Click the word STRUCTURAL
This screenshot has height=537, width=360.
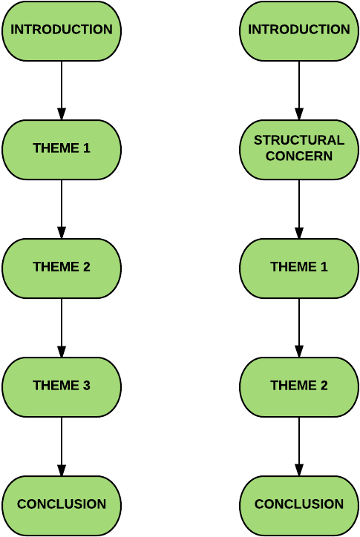click(x=299, y=140)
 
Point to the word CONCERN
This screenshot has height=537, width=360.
click(x=299, y=157)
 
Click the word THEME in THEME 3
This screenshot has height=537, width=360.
click(x=56, y=386)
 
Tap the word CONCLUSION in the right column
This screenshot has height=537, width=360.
click(x=299, y=504)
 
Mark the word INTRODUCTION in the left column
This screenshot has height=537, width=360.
click(x=62, y=30)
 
